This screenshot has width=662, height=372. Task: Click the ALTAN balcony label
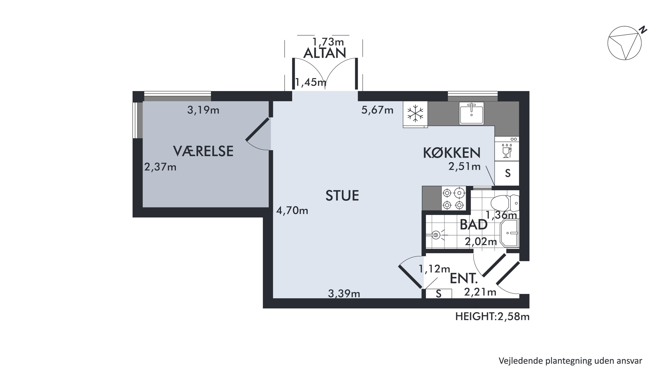point(324,53)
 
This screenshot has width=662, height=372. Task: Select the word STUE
point(342,196)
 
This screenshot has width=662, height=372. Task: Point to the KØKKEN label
point(451,153)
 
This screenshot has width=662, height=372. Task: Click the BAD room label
point(473,225)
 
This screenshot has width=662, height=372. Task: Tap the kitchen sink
point(472,113)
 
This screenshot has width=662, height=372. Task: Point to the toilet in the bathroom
point(505,203)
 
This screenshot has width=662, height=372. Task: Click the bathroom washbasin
point(509,233)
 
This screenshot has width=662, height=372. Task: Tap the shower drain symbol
point(436,235)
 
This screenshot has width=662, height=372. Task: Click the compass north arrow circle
point(624,43)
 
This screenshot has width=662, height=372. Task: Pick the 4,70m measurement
point(292,211)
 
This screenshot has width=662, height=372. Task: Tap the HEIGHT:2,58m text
point(492,317)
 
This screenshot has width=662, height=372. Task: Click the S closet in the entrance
point(439,294)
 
